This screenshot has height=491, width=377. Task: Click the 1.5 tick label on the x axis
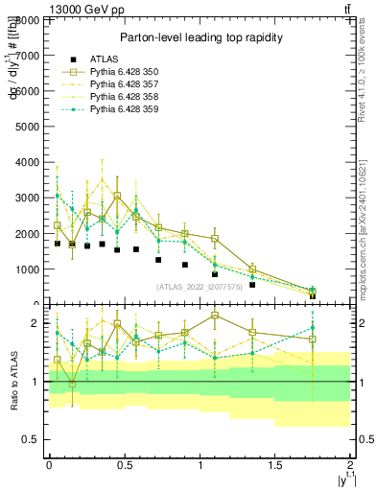tap(274, 464)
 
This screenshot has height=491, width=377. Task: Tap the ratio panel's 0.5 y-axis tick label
tap(33, 439)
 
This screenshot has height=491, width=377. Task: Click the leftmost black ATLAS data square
tap(58, 244)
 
